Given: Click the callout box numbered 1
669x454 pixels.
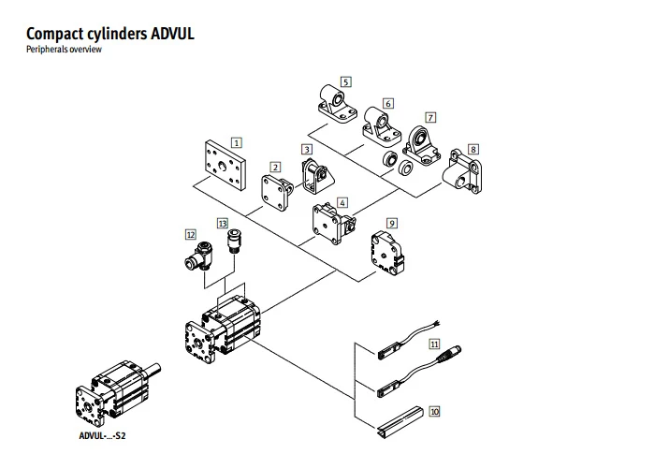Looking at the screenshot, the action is tap(237, 142).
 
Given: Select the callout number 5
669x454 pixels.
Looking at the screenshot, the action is tap(345, 82).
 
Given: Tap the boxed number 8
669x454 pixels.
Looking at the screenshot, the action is tap(473, 150).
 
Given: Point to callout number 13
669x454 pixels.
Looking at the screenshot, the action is tap(223, 224).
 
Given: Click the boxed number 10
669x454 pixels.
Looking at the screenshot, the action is tap(434, 411).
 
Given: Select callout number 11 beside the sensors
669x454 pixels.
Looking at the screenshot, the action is tap(434, 344).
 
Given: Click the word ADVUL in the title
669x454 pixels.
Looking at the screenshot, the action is tap(172, 34).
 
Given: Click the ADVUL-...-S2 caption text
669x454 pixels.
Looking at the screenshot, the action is tap(102, 435).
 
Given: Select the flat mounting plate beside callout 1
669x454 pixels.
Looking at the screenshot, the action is tap(225, 165).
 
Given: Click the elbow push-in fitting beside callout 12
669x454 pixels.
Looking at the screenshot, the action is tap(197, 256).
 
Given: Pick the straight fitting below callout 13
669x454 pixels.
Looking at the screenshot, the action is tap(233, 242).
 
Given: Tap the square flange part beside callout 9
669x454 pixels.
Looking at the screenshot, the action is tap(386, 253).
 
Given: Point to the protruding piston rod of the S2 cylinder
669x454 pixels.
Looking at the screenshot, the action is tap(153, 370).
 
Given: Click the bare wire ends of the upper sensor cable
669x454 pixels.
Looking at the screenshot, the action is tap(435, 323).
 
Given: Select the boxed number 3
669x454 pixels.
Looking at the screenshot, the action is tap(307, 150).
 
